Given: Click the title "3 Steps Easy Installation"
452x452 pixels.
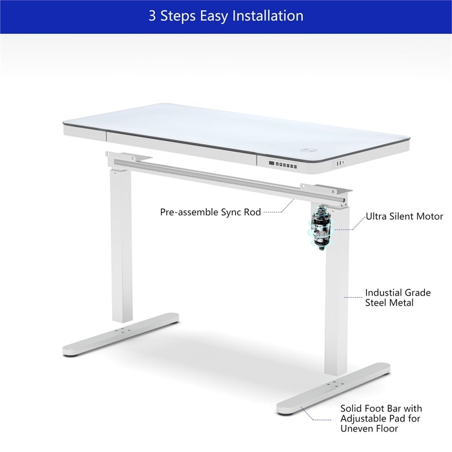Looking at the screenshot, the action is [x=226, y=16].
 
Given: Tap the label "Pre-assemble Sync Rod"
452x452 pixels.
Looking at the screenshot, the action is [x=210, y=212].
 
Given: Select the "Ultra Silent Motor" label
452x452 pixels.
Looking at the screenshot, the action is [x=404, y=216].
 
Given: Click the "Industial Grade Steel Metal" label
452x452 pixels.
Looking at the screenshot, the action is [x=398, y=298].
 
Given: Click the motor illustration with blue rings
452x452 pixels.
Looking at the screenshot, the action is [x=321, y=227].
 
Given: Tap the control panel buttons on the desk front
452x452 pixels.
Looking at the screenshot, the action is [x=283, y=164].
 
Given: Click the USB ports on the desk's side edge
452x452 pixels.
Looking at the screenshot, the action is [x=340, y=163].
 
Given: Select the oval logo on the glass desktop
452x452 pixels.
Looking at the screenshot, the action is [x=308, y=150].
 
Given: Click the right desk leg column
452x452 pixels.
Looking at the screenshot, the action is [x=336, y=291].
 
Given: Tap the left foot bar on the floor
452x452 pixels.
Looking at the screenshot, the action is [x=121, y=334].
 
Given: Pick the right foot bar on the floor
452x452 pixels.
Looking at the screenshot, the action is [x=333, y=388].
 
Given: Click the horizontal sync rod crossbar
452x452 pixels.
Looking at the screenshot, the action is [x=228, y=180].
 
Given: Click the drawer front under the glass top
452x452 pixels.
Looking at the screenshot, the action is [x=181, y=148].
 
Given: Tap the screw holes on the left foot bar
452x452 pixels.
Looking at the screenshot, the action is [x=123, y=331].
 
